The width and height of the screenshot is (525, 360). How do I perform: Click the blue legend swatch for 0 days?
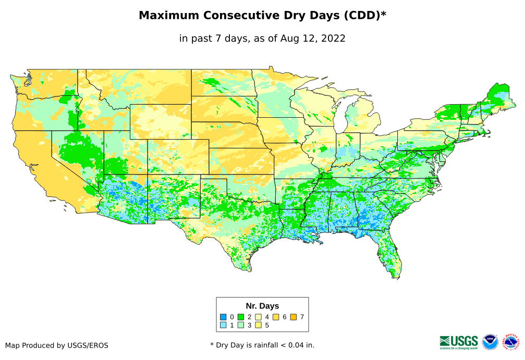tap(223, 317)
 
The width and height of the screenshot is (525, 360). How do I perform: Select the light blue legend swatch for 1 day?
tap(223, 325)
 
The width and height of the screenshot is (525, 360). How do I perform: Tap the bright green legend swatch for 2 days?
tap(241, 317)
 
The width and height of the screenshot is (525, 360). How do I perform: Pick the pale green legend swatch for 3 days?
tap(241, 325)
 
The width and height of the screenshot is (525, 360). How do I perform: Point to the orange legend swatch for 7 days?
tap(294, 317)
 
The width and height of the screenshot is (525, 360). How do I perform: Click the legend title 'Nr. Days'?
tap(262, 306)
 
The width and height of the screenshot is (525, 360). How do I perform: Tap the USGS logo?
tap(459, 342)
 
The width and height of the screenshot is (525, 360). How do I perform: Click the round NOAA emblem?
tap(490, 342)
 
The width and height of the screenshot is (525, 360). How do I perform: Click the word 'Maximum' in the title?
tap(164, 16)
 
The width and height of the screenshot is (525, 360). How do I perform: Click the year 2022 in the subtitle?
tap(334, 38)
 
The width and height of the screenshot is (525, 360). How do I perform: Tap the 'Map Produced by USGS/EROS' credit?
tap(57, 345)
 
